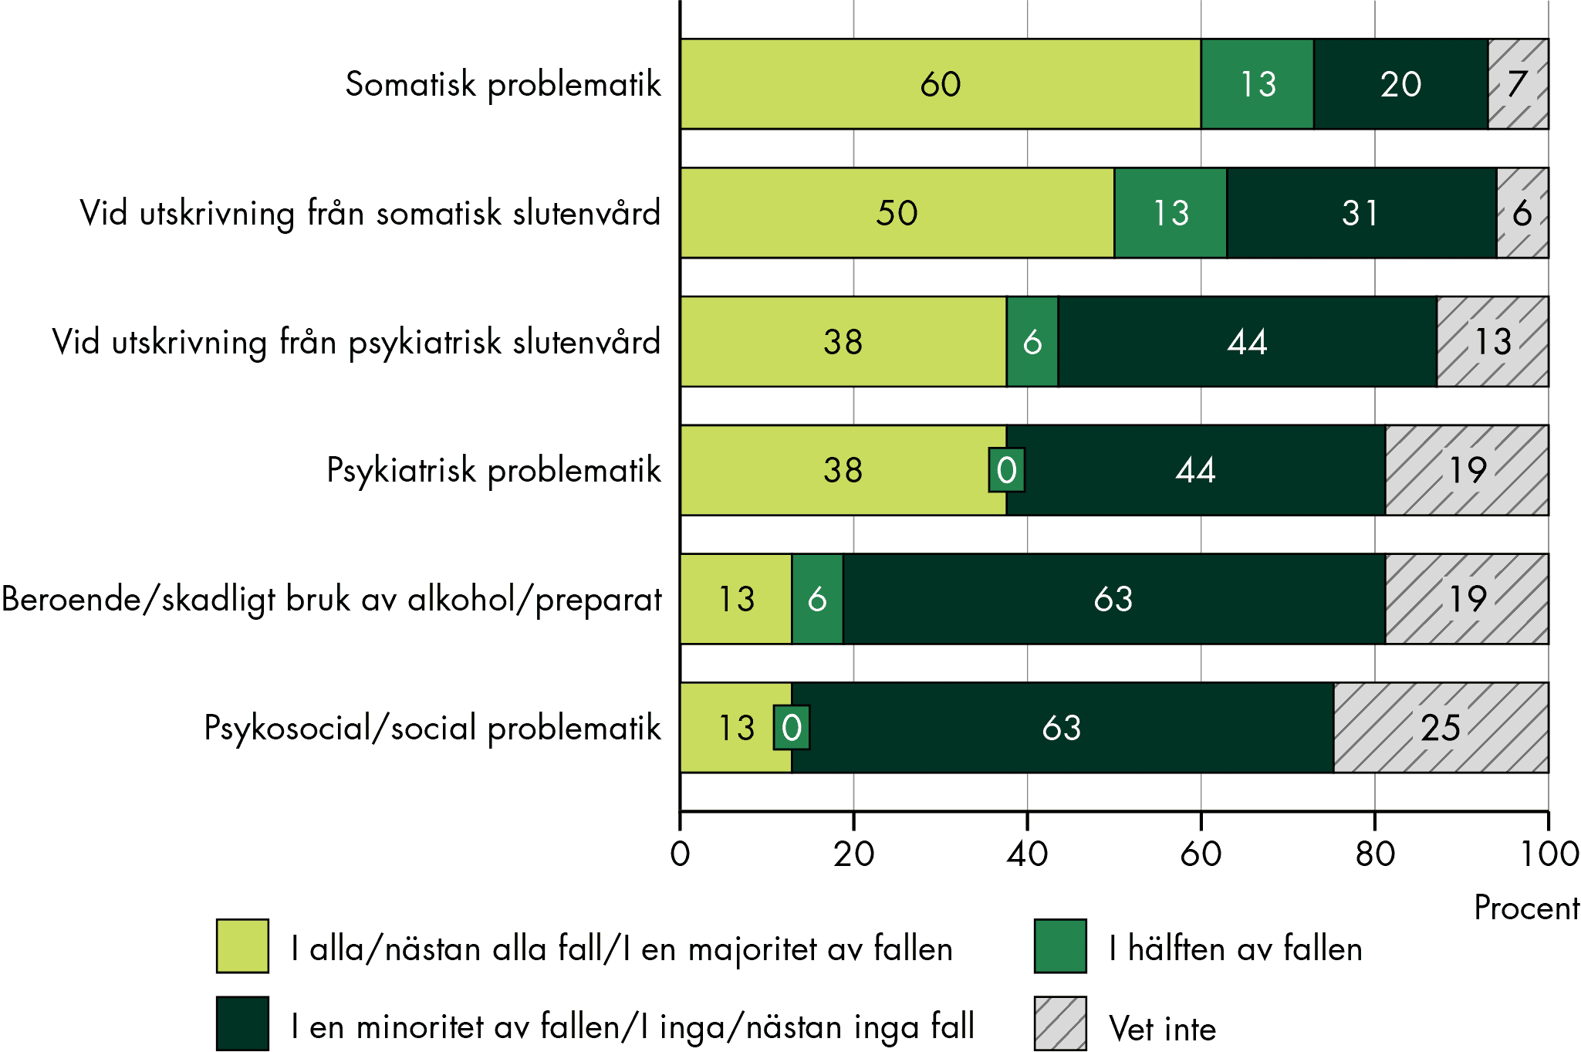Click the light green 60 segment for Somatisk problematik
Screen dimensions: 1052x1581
(940, 83)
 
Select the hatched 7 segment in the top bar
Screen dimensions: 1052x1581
(1518, 83)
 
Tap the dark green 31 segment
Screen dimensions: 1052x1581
(1361, 212)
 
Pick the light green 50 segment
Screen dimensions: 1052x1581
(897, 212)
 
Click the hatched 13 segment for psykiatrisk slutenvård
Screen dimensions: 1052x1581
(1492, 341)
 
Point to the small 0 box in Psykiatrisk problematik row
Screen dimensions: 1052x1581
(1006, 470)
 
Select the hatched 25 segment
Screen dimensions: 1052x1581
(1441, 727)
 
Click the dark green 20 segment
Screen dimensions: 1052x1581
(1400, 83)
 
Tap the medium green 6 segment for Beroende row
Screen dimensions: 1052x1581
(817, 599)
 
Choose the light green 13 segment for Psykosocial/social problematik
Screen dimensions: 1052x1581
(735, 727)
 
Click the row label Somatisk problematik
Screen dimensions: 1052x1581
(503, 84)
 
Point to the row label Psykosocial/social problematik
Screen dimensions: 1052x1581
(432, 728)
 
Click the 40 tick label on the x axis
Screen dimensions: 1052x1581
(1027, 854)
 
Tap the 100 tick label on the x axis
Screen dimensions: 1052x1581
(1549, 854)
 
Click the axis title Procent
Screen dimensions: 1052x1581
(1526, 908)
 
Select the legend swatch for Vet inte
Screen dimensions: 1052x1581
(1060, 1023)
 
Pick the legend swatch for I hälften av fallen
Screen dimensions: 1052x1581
(1060, 945)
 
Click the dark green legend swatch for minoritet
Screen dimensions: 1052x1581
(242, 1023)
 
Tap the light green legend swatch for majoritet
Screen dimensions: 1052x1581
(242, 945)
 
